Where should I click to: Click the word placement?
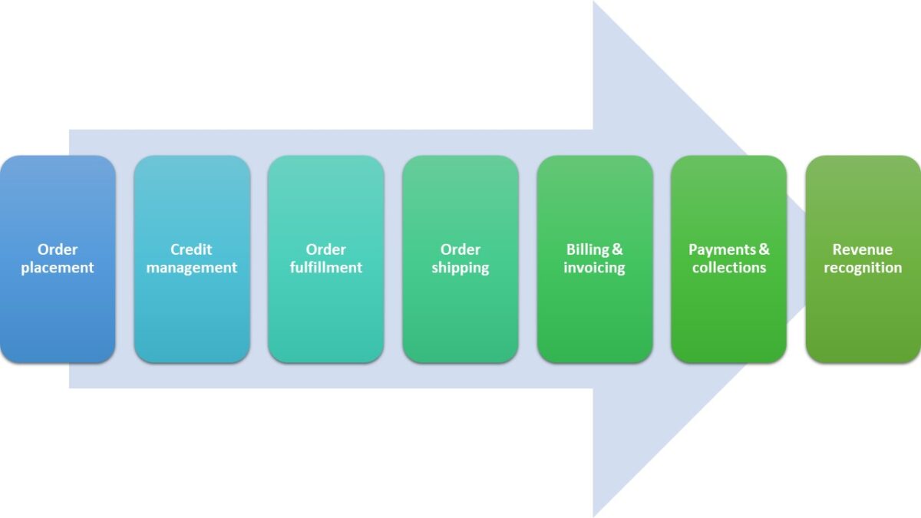[58, 268]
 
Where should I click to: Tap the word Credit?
[191, 249]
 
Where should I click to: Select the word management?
[192, 268]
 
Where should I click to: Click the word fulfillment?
[326, 268]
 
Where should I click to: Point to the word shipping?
[460, 268]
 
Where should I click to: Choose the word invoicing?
[594, 268]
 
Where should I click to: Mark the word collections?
[729, 268]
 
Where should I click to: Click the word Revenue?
[863, 249]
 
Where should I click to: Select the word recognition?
[863, 268]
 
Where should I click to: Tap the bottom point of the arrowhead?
[594, 514]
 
